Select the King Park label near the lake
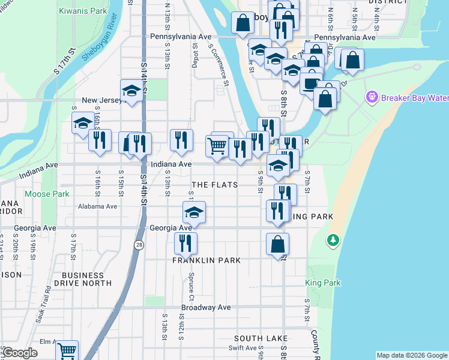pos(322,283)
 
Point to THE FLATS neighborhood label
pos(214,185)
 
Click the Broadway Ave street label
pos(206,308)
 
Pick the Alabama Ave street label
pos(97,206)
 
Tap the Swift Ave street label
pos(243,347)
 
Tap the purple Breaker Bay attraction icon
pos(372,97)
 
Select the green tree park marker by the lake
pos(333,241)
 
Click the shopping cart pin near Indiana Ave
pos(217,145)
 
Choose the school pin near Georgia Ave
pos(194,212)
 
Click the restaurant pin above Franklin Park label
pos(185,242)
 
